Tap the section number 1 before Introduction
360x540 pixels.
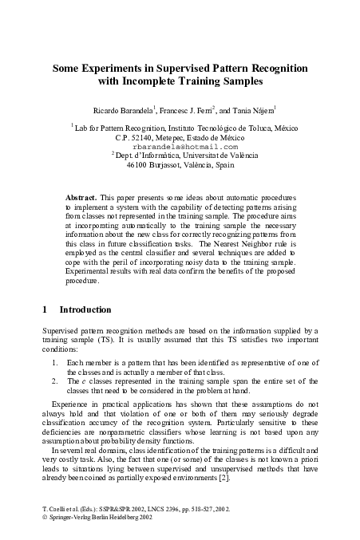coord(43,309)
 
